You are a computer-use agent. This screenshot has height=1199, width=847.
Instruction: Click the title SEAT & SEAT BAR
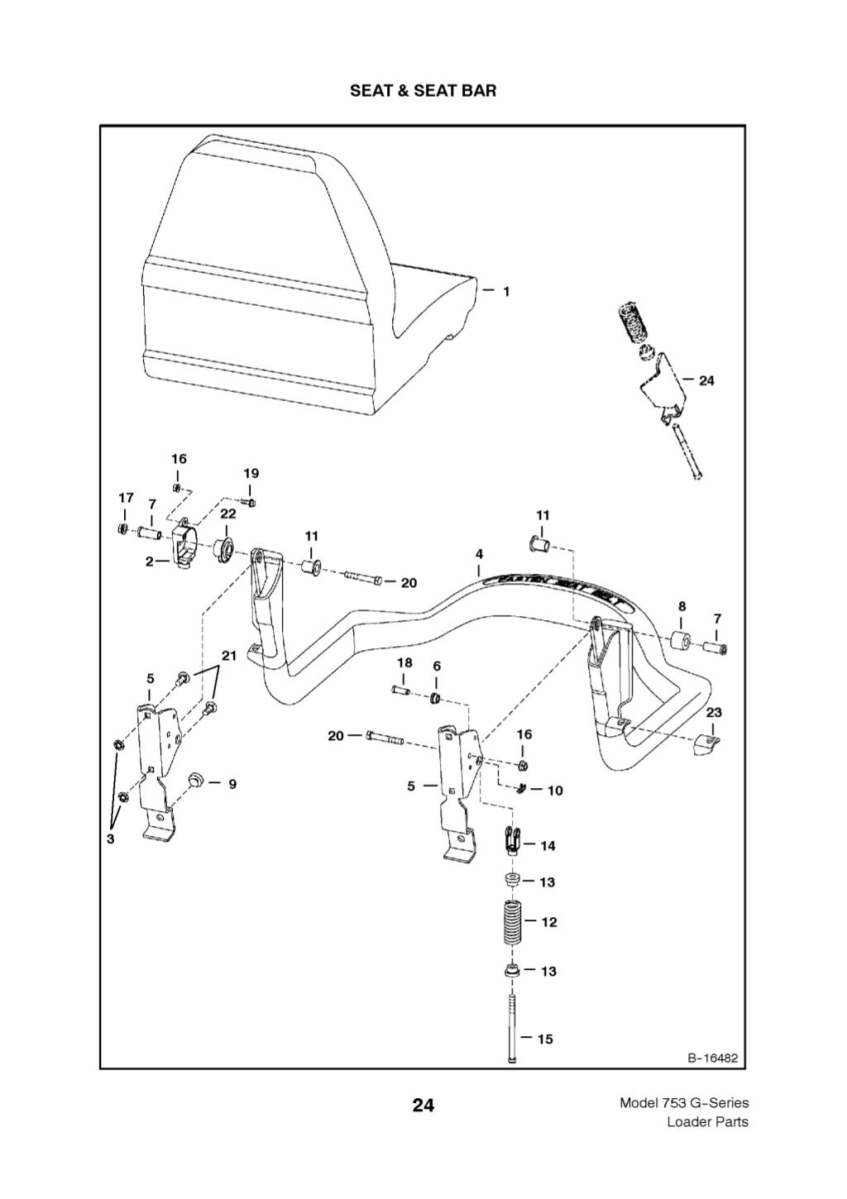[423, 91]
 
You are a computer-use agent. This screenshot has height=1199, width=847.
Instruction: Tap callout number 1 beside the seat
[506, 291]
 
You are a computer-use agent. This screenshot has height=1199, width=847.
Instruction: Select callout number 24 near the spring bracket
[706, 380]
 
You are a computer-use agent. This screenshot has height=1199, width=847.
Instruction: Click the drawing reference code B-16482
[712, 1058]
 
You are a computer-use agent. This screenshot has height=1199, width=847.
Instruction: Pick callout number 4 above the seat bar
[479, 553]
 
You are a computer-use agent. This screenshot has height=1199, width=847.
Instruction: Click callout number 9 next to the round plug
[232, 783]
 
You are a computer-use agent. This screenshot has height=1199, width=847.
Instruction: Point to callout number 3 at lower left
[110, 838]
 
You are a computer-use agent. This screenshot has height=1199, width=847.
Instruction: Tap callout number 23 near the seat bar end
[713, 712]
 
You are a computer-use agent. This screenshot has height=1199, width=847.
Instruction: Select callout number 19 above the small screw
[251, 473]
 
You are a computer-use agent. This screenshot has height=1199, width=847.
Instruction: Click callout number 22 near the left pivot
[228, 514]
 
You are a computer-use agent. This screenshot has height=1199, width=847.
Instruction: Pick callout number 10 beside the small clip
[555, 791]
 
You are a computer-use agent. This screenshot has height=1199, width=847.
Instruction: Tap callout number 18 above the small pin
[404, 662]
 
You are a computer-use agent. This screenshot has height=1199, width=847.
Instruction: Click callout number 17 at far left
[126, 498]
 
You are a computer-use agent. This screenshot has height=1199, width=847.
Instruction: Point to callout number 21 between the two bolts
[228, 656]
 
